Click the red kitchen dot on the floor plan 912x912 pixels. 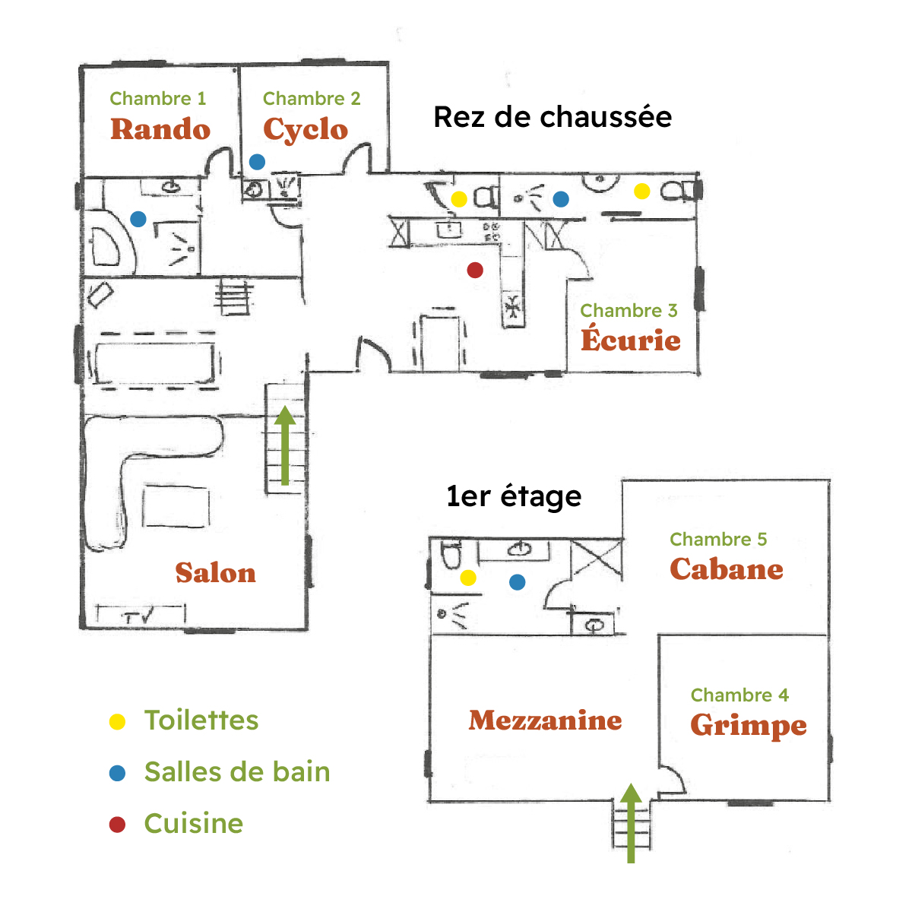[x=475, y=270]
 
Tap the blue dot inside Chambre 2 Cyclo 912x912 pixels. [x=257, y=162]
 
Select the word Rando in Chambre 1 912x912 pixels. [x=160, y=129]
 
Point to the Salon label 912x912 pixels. [x=215, y=573]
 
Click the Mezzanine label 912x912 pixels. [x=545, y=720]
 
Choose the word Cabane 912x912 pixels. [x=727, y=568]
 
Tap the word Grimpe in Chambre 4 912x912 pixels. [x=749, y=725]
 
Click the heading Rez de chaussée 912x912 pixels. [x=553, y=117]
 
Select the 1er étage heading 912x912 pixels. [x=514, y=496]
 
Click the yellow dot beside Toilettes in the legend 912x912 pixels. [x=117, y=722]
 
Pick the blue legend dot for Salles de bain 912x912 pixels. [x=117, y=773]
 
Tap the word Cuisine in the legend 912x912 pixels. [x=194, y=824]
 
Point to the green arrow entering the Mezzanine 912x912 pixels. [x=631, y=823]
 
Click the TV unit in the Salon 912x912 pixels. [x=141, y=614]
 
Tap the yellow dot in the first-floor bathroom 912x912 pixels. [x=467, y=578]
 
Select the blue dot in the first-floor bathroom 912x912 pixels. [x=517, y=581]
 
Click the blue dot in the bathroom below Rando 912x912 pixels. [x=138, y=219]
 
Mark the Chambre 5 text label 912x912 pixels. [x=718, y=539]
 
